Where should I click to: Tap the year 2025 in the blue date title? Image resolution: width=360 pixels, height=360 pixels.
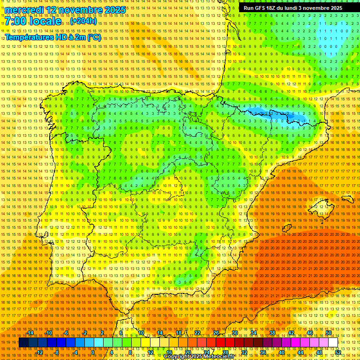point(114,10)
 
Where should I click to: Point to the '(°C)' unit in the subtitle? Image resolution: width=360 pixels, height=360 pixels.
point(93,37)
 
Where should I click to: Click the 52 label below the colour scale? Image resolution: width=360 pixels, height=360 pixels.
point(337,352)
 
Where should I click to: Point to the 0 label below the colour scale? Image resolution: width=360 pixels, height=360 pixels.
point(93,352)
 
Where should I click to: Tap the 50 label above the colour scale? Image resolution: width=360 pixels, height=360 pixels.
point(329,333)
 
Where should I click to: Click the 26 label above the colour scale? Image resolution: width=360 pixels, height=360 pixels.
point(216,333)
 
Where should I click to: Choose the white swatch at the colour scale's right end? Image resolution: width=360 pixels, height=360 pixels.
point(333,343)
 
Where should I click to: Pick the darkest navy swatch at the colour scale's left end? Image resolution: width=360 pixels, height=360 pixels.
point(23,343)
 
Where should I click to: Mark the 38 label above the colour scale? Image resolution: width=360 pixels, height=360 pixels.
point(272,333)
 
